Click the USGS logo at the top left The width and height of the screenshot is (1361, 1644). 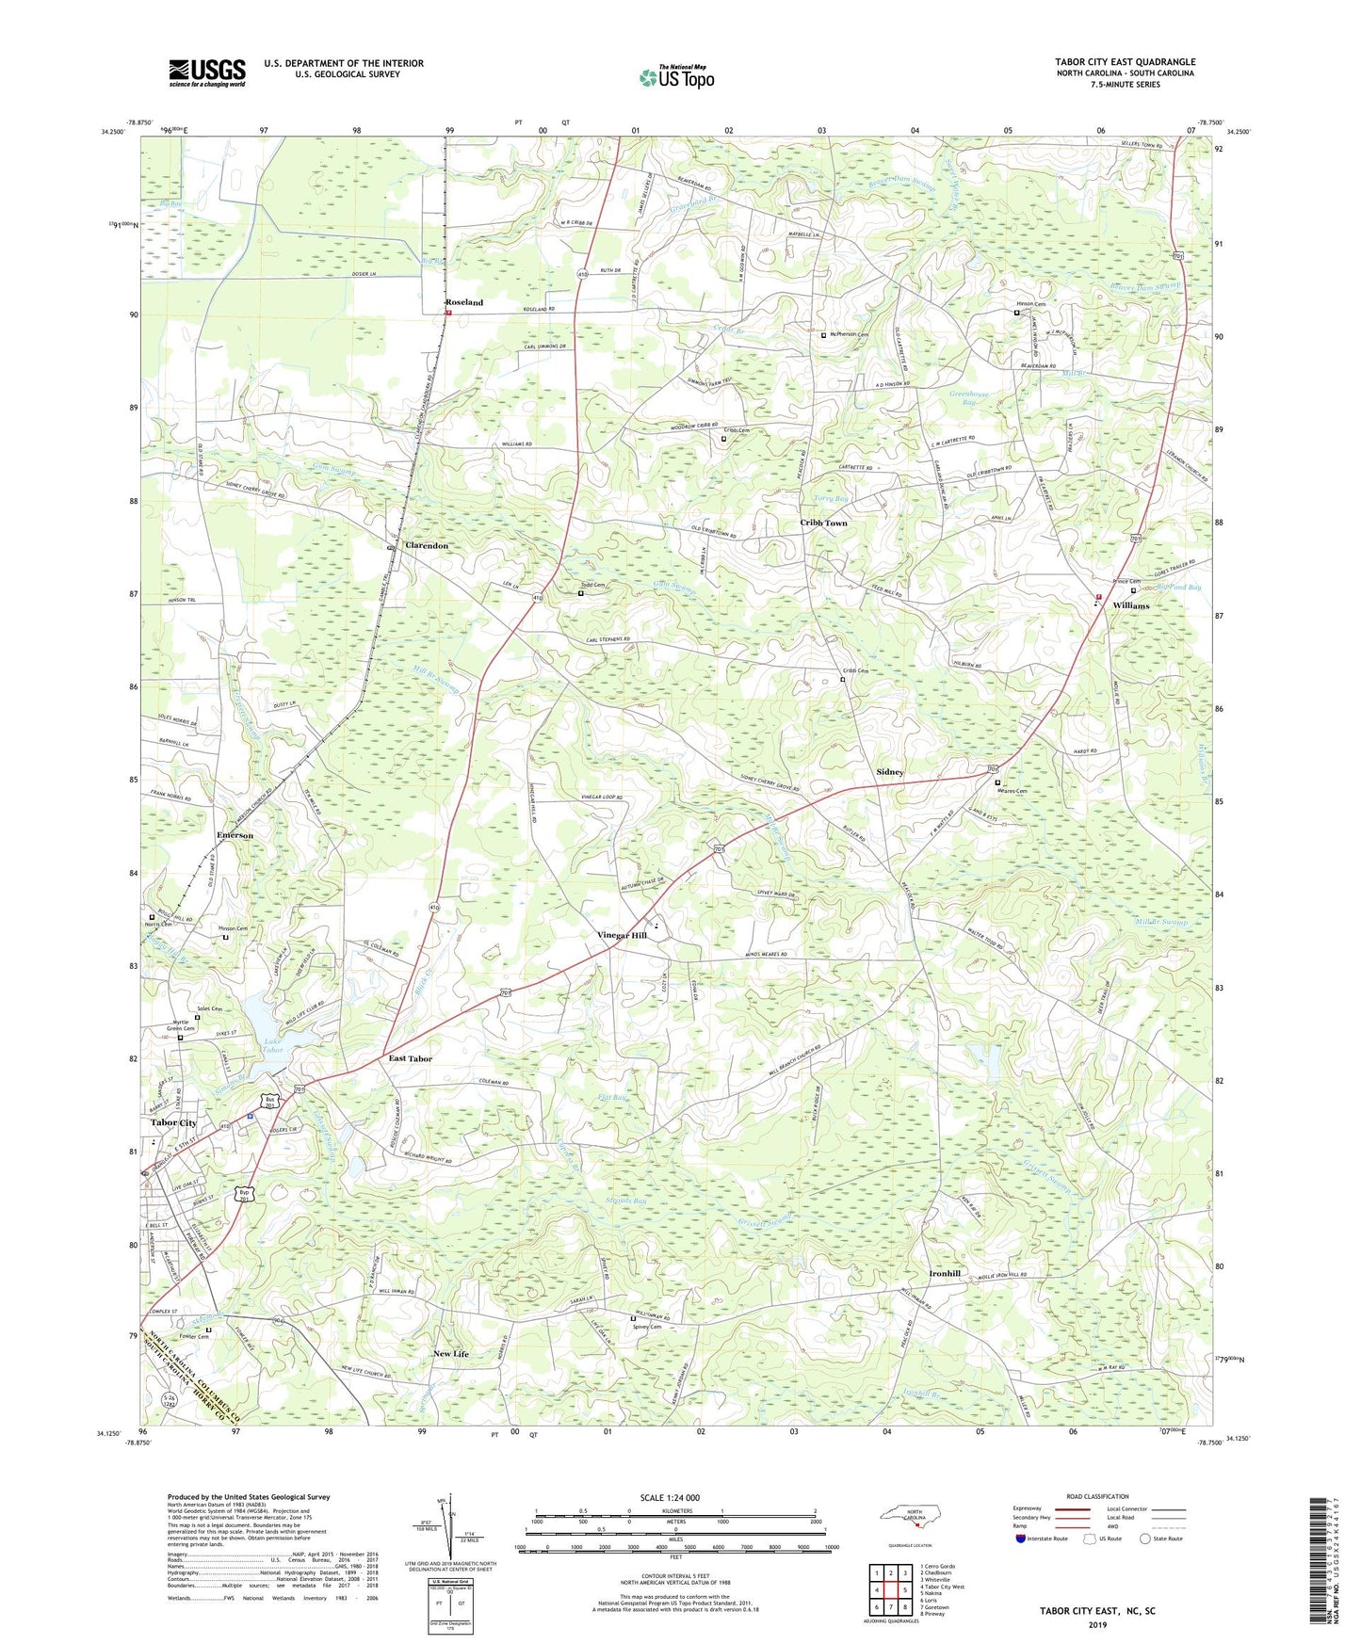(207, 73)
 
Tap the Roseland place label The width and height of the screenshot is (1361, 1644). (463, 302)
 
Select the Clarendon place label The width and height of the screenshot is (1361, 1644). (427, 545)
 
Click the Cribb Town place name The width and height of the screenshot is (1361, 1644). (824, 523)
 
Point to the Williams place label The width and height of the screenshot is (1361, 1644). (1130, 605)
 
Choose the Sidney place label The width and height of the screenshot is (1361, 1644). (890, 771)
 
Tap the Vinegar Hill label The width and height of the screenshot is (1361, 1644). (622, 935)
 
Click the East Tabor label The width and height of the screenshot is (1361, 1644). (411, 1058)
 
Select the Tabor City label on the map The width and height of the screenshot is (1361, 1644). (174, 1122)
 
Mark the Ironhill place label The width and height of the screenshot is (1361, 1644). (945, 1273)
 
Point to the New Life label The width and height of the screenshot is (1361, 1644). (451, 1353)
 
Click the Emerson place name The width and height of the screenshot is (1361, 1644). (235, 835)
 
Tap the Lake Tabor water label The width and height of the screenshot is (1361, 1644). (273, 1045)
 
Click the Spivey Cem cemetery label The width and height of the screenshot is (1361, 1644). (647, 1327)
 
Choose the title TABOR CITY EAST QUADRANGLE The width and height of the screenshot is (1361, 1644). (1125, 62)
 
